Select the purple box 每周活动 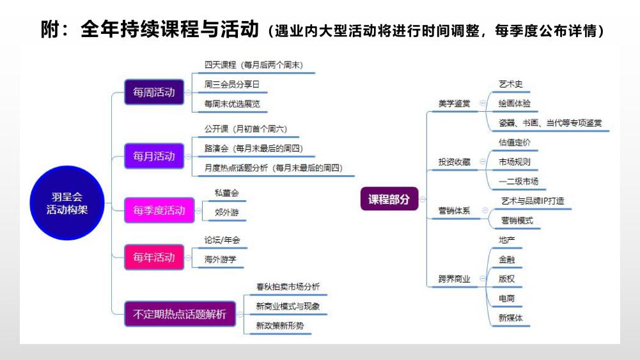click(x=153, y=91)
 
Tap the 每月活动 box click(x=153, y=156)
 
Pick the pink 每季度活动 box click(x=159, y=210)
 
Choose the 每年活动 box click(x=153, y=258)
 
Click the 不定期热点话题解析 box click(x=180, y=314)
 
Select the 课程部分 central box click(x=389, y=199)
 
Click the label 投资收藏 click(x=454, y=162)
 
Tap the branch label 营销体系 click(x=454, y=210)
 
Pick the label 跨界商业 click(x=454, y=279)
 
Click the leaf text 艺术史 click(x=510, y=84)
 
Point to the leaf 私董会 click(x=227, y=192)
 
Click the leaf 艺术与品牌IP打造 click(x=533, y=201)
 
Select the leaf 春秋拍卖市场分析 click(x=288, y=286)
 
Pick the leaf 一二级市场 click(x=518, y=181)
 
